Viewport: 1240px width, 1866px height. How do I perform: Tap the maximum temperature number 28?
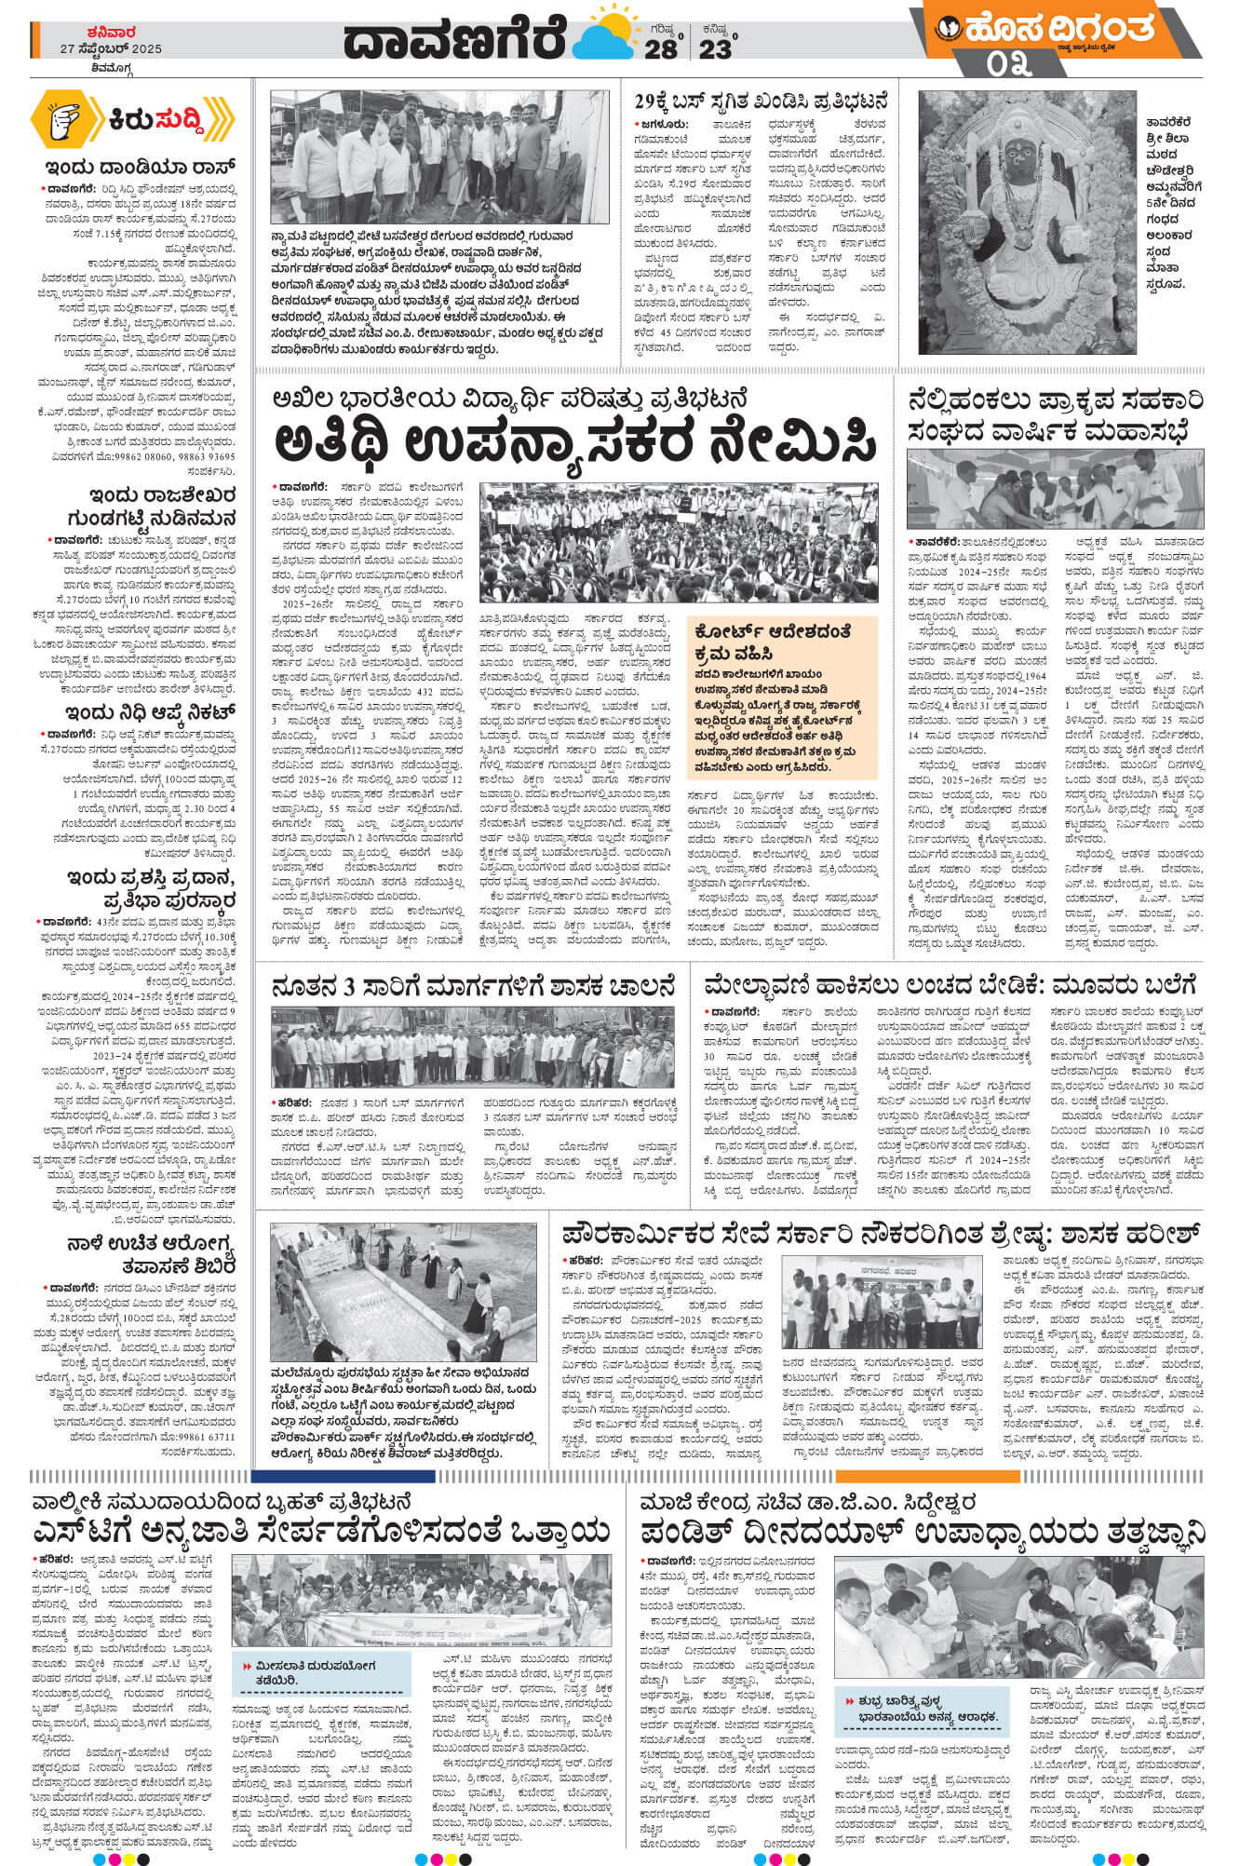661,48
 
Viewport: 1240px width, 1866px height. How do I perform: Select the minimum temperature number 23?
715,48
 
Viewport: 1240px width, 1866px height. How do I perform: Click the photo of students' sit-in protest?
678,542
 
